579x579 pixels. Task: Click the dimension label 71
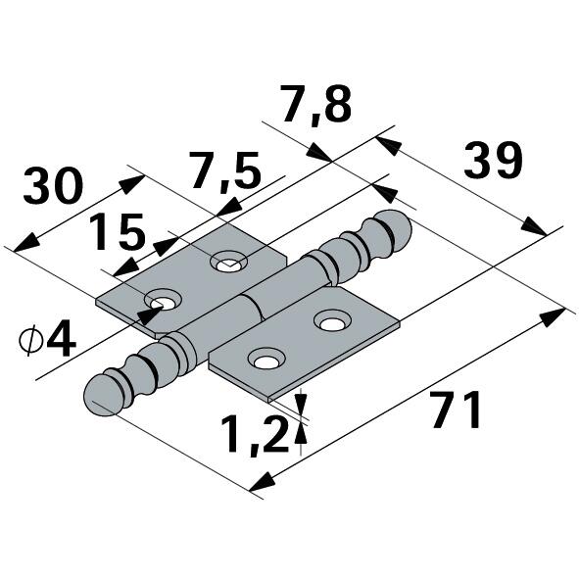[456, 410]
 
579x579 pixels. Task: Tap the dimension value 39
[493, 163]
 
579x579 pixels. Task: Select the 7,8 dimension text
[315, 105]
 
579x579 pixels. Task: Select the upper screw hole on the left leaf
[230, 261]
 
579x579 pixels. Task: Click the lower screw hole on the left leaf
[165, 300]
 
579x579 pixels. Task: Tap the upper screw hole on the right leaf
[331, 320]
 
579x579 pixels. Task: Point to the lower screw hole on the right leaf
[265, 362]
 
